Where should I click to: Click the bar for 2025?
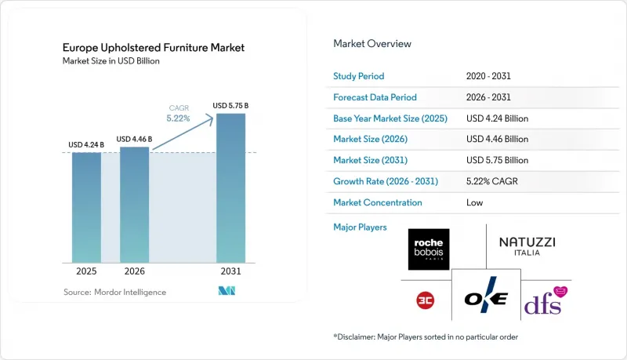coord(86,208)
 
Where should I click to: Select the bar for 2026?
coord(134,205)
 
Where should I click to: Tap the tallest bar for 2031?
coord(230,188)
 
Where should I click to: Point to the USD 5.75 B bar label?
coord(230,106)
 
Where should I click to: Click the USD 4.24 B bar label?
coord(86,145)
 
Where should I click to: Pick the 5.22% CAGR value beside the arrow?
coord(179,118)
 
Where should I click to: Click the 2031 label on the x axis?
coord(230,271)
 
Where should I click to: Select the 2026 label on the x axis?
coord(134,271)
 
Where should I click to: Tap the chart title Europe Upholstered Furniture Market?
coord(154,48)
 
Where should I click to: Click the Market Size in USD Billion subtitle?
coord(111,61)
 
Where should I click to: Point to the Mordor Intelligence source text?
coord(114,292)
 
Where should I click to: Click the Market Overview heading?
coord(372,44)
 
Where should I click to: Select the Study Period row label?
coord(359,76)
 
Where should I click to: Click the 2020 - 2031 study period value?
coord(488,76)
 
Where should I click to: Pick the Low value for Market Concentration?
coord(475,202)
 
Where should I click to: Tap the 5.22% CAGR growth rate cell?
coord(492,181)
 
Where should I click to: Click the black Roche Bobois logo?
coord(429,249)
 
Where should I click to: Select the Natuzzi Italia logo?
coord(527,246)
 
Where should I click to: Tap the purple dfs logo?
coord(545,301)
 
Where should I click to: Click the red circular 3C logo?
coord(425,300)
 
